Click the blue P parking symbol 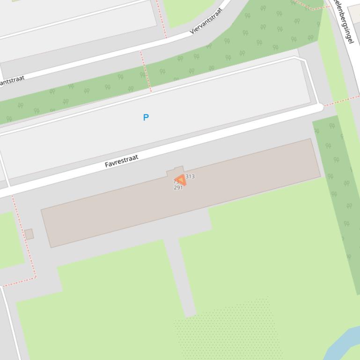click(146, 117)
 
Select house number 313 click(190, 176)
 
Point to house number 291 click(178, 187)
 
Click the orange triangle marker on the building click(180, 180)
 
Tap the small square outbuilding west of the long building click(29, 234)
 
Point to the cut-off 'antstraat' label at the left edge click(12, 81)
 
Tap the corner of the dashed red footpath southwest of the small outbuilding click(35, 277)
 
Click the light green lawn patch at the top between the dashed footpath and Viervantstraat click(183, 12)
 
